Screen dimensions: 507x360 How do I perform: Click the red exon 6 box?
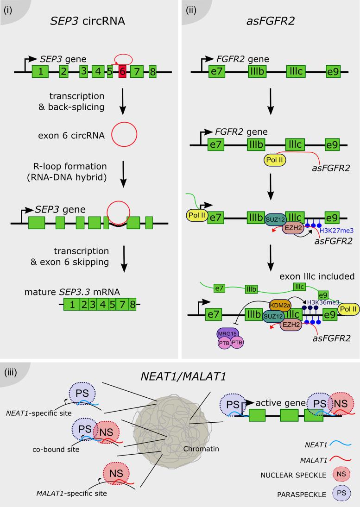pos(123,72)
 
